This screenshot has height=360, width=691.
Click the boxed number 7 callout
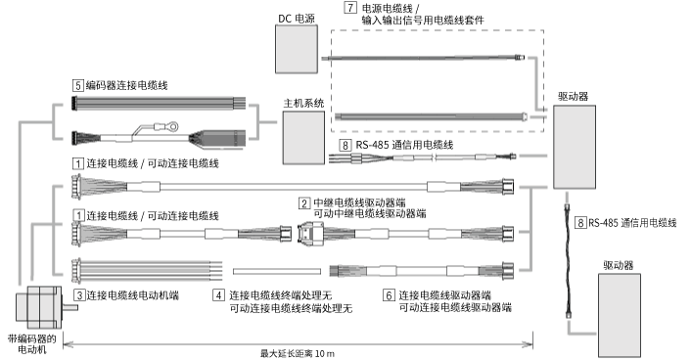350,8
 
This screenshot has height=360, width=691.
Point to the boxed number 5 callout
77,86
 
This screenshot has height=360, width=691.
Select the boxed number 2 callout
304,202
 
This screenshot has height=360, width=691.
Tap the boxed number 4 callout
219,294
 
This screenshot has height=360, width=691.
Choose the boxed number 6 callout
388,294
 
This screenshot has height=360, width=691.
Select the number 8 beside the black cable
580,223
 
